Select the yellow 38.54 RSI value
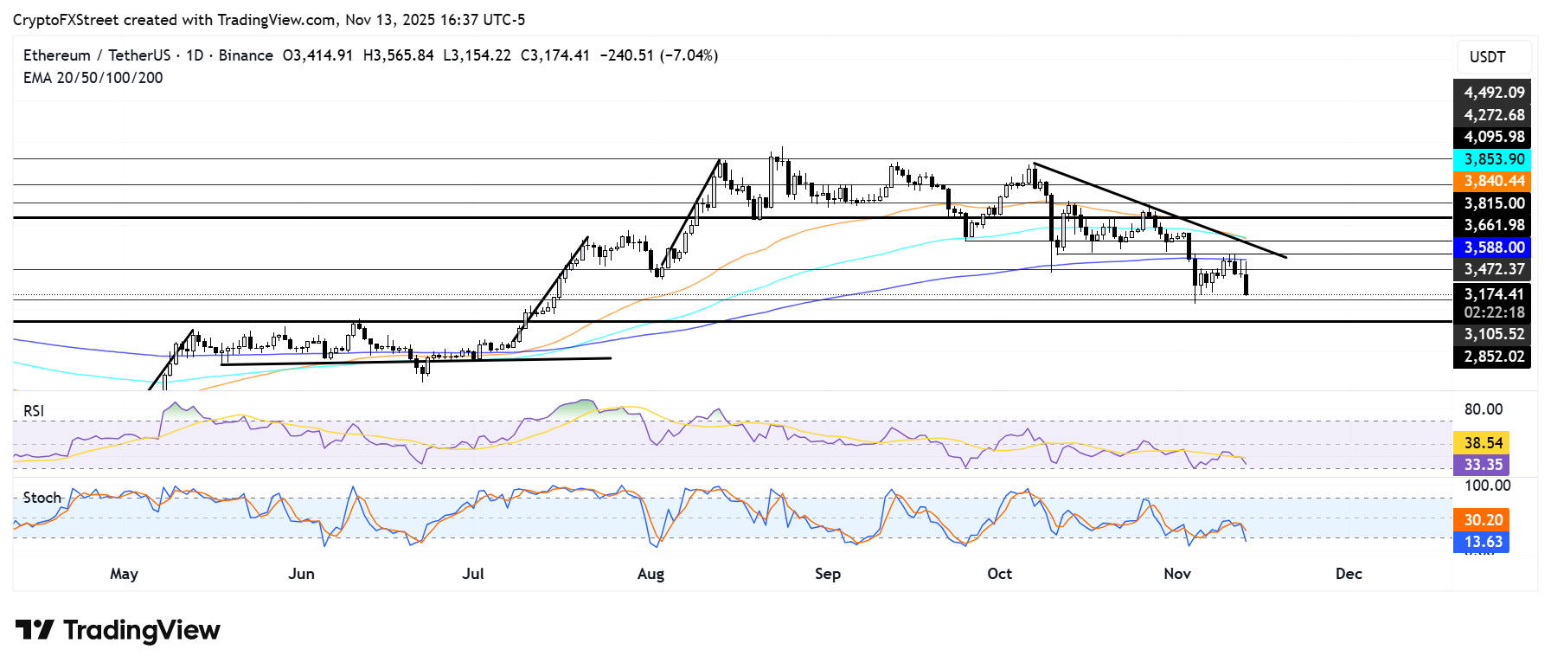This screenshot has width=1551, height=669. point(1482,443)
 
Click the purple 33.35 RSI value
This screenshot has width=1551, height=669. point(1482,465)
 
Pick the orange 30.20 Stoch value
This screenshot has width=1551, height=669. point(1482,520)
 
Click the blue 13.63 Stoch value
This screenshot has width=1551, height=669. point(1482,542)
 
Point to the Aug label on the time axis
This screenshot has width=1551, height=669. point(651,574)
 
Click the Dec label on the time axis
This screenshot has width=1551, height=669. point(1349,574)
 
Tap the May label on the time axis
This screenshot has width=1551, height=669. point(124,574)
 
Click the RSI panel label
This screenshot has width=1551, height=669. point(34,411)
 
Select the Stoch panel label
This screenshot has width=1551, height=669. point(42,498)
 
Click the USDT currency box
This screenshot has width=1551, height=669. point(1487,57)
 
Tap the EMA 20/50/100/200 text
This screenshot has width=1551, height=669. point(93,78)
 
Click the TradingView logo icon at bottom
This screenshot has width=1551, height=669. point(35,630)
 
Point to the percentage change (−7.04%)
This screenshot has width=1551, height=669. point(689,55)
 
